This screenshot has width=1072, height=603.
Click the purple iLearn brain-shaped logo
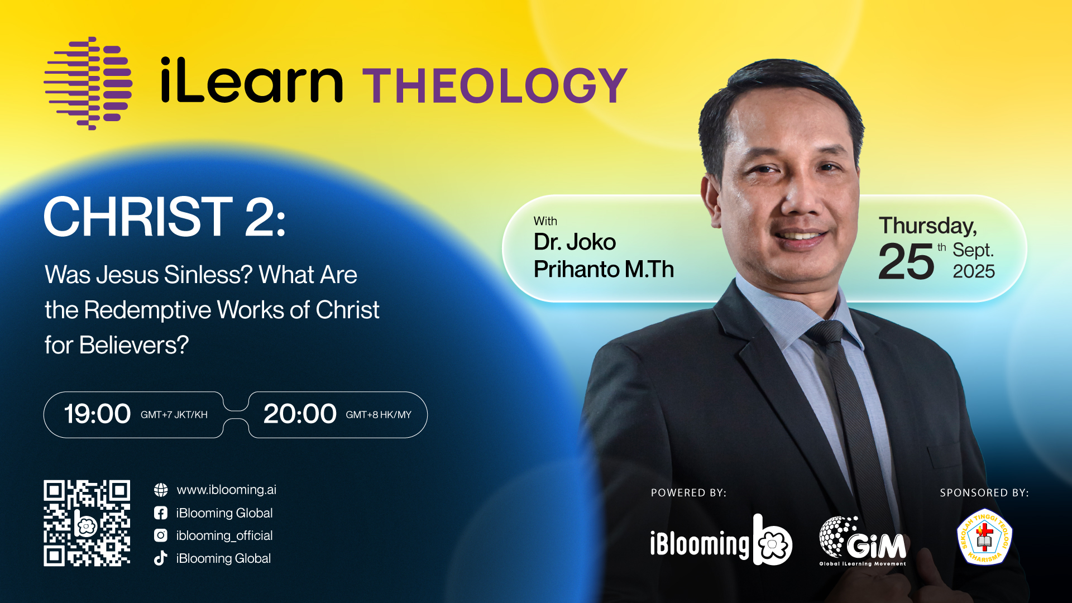(x=88, y=84)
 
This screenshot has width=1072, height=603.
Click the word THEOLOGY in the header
(x=495, y=85)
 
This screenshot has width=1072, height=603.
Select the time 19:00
(x=97, y=414)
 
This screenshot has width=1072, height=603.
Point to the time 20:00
(x=300, y=414)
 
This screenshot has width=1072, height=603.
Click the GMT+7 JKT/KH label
(x=174, y=415)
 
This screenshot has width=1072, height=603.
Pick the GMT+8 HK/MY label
(x=379, y=415)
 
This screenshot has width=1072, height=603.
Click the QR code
(x=87, y=523)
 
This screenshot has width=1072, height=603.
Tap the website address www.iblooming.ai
(x=227, y=490)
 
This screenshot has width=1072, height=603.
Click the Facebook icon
(x=161, y=513)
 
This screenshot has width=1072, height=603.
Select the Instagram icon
(x=161, y=535)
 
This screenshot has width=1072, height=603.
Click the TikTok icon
(x=161, y=558)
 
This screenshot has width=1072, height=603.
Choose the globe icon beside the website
(x=161, y=490)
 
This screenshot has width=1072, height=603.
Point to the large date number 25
(x=906, y=261)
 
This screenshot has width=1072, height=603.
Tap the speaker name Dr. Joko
(x=575, y=242)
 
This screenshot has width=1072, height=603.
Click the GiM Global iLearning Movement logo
(x=863, y=540)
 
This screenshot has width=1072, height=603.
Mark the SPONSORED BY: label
(x=984, y=493)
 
